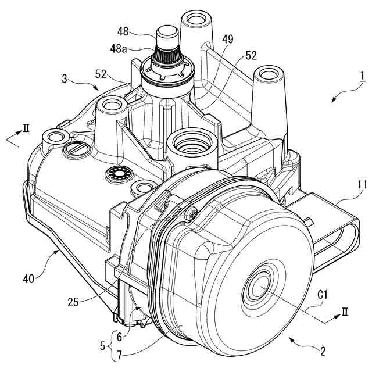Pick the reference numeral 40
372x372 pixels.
pos(32,278)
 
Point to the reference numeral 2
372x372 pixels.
pos(323,350)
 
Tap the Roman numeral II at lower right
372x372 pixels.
pos(345,312)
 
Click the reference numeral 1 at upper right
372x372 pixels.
pos(361,76)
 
